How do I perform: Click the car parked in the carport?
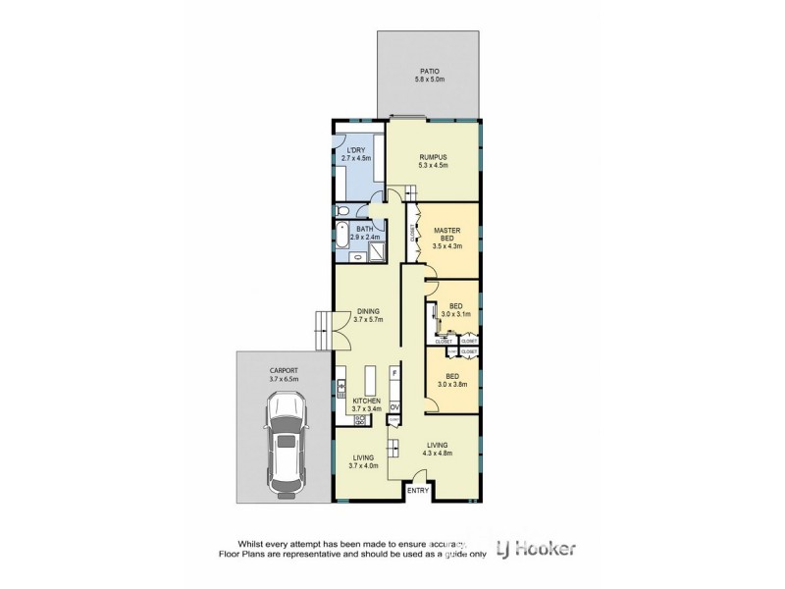pos(286,445)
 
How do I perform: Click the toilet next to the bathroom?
pos(341,211)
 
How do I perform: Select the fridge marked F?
pos(394,373)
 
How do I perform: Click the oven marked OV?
pos(394,406)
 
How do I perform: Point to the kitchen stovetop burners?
pos(359,420)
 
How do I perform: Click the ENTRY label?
pos(418,490)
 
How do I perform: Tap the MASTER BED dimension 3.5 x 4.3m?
pos(447,246)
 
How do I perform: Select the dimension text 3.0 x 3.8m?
pos(453,384)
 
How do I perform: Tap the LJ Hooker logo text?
pos(537,549)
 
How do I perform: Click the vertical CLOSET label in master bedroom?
pos(411,232)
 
